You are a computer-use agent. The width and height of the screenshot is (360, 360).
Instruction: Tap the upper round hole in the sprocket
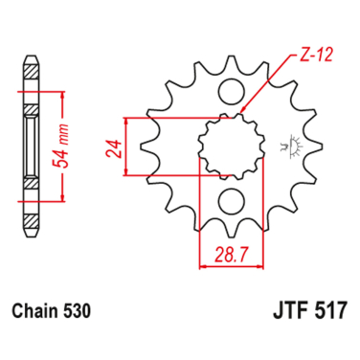[x=229, y=92]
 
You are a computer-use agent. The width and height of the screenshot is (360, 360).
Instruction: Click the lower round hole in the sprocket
[x=229, y=200]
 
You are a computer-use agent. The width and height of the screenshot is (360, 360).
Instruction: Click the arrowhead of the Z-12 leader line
[x=243, y=113]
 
